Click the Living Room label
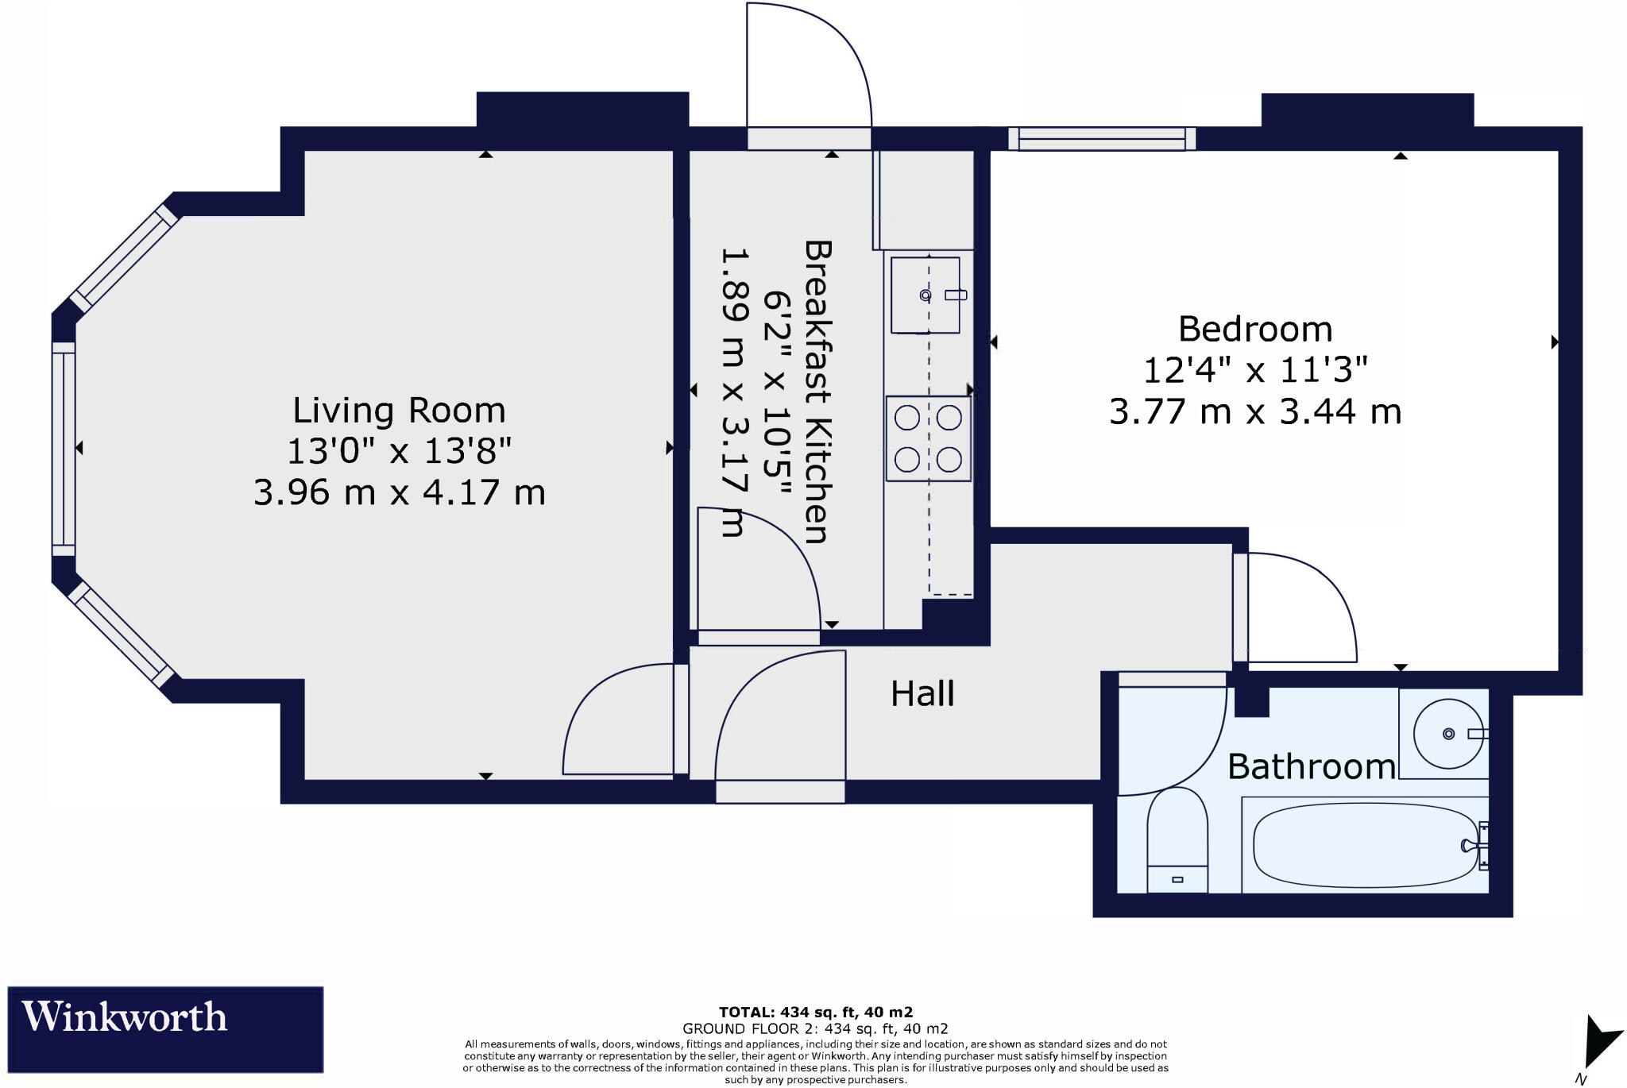coord(399,411)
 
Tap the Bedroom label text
coord(1255,329)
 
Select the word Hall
coord(922,694)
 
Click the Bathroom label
coord(1312,766)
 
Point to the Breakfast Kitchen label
coord(817,392)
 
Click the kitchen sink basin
coord(926,295)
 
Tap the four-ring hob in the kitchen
coord(929,438)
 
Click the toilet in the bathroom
coord(1177,839)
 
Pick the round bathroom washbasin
coord(1448,734)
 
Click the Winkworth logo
coord(165,1029)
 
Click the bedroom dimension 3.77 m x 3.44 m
coord(1255,411)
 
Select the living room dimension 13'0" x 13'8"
coord(399,451)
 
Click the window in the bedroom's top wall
coord(1102,139)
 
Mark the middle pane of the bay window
coord(64,449)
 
